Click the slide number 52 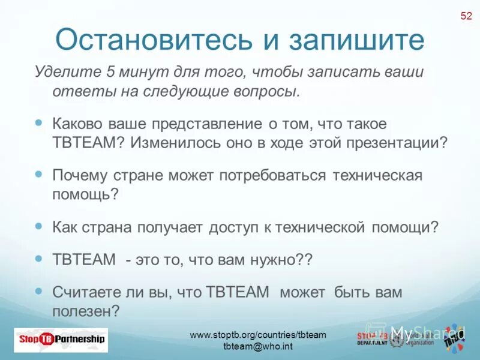point(466,16)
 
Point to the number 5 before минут point(110,73)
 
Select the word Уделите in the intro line point(67,73)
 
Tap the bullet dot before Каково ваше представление point(39,122)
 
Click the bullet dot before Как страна point(39,226)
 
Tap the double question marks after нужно point(305,260)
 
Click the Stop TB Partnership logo point(60,339)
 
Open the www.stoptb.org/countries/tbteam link point(258,335)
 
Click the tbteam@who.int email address point(258,347)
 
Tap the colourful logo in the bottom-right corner point(454,338)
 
